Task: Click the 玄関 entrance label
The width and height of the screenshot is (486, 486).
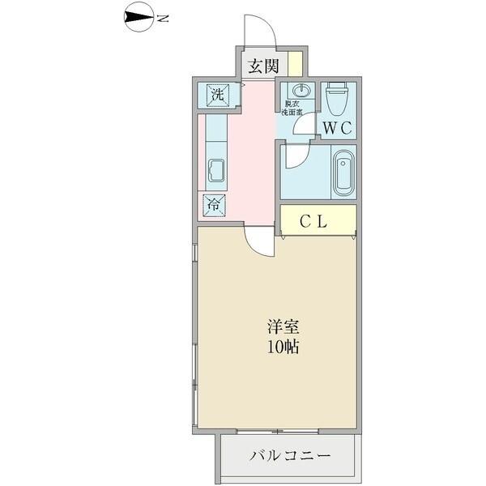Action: pos(262,66)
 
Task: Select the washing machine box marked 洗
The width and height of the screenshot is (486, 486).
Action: pos(217,93)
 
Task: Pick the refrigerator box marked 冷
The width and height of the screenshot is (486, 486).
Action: pos(213,204)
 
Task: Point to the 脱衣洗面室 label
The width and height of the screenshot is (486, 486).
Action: pos(292,109)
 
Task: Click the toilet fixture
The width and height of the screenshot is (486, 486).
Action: pos(336,98)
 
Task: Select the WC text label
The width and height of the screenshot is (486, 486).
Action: pos(337,127)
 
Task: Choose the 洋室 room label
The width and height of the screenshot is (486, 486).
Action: pos(283,328)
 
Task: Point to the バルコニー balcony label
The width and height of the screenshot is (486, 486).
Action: pos(288,456)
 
